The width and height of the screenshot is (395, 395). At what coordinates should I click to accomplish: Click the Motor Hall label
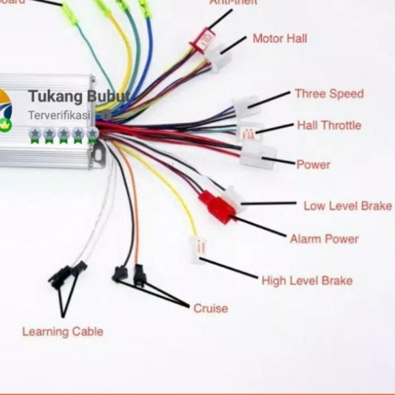279,39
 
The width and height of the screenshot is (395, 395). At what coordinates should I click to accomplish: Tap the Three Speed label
329,94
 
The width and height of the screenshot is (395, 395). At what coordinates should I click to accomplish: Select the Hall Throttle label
329,125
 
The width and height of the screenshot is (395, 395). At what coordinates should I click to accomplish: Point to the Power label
313,165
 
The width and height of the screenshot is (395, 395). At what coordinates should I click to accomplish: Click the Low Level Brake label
347,206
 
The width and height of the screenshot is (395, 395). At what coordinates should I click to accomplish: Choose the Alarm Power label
324,239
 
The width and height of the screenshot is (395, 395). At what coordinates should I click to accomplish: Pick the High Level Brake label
307,281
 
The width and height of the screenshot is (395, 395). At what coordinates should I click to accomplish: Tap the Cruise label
211,308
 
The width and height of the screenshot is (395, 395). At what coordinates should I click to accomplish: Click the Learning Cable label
63,332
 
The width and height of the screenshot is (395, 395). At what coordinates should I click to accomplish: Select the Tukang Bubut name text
78,97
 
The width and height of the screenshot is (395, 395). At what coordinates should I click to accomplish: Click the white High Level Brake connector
197,248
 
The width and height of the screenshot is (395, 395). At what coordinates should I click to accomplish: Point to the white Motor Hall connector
219,58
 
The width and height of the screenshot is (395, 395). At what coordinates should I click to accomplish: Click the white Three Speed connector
246,106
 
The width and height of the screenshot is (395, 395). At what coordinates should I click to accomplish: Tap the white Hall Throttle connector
249,133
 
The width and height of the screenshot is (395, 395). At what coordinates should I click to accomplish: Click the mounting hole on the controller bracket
98,154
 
